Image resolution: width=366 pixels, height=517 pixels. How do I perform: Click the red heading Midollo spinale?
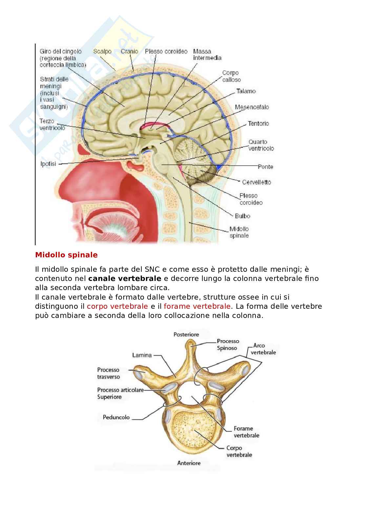coord(66,255)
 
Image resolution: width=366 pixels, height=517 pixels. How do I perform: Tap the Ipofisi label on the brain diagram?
coord(48,164)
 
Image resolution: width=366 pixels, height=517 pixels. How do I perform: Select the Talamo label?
coord(246,91)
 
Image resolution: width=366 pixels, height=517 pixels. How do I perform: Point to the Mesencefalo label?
coord(252,107)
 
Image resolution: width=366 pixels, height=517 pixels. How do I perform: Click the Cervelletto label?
coord(256,182)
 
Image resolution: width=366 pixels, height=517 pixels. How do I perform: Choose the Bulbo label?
coord(242,216)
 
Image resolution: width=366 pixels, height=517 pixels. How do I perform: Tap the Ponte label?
coord(265,167)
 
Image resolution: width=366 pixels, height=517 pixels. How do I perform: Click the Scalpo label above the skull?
coord(102,51)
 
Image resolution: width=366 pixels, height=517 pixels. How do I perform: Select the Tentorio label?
coord(258,123)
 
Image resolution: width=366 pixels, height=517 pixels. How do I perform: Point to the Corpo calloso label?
coord(231,76)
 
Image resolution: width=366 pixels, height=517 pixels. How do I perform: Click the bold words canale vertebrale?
coord(125,279)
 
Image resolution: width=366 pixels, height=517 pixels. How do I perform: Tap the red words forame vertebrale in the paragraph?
coord(197,306)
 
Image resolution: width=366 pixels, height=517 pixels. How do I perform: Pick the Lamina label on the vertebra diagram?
coord(142,355)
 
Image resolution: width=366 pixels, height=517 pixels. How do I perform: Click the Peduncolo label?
coord(116,417)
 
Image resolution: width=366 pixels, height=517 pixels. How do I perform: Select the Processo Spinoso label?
coord(228,344)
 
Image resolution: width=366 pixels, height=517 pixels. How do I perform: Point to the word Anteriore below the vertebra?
coord(189,463)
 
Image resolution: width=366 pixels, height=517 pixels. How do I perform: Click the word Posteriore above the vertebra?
coord(186,335)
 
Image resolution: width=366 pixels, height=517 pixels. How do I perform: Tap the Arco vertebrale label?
coord(263,349)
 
